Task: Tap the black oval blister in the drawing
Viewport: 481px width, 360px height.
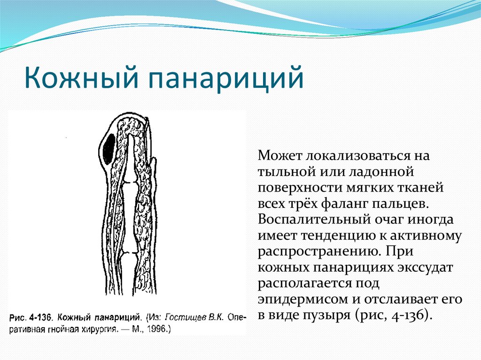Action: coord(109,149)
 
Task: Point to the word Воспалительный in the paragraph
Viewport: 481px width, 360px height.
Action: coord(314,219)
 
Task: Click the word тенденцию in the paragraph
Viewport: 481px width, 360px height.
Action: coord(338,236)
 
